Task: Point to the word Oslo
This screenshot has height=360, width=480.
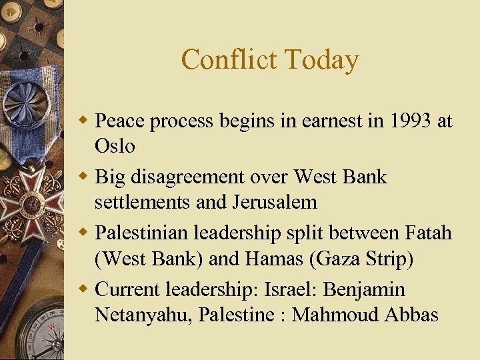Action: click(x=115, y=145)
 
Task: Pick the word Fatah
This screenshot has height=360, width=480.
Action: click(x=428, y=233)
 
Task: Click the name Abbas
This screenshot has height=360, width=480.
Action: click(x=411, y=314)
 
